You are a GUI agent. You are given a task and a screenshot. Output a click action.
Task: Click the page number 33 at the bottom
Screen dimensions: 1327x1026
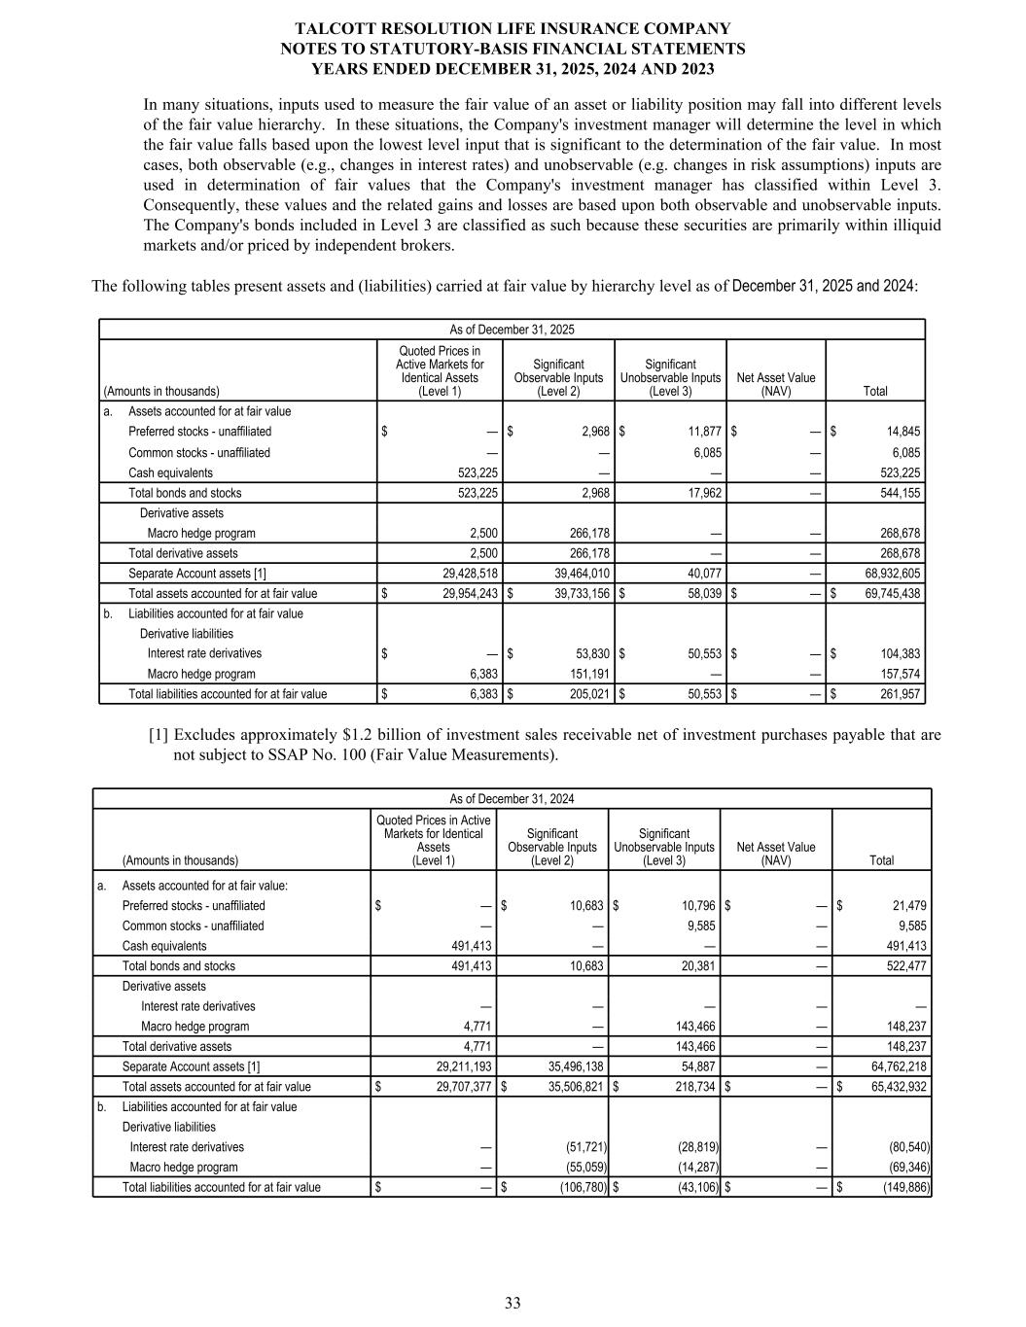click(513, 1304)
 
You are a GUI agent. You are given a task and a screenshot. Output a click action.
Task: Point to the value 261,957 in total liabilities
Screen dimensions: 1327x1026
click(900, 694)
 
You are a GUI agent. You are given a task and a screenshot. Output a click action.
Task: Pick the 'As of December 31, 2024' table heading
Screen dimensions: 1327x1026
click(512, 799)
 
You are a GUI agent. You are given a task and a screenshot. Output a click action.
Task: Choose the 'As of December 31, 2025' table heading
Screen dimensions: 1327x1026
click(512, 330)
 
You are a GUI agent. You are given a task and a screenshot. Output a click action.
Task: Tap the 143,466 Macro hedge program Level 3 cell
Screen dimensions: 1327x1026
click(693, 1027)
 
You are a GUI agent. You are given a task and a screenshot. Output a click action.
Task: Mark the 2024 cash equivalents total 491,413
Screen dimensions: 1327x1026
click(905, 946)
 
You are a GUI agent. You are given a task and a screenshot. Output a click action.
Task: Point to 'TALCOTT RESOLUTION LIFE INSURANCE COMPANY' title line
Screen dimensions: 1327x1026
click(513, 29)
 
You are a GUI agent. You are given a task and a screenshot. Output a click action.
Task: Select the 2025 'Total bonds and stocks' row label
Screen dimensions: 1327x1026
click(185, 493)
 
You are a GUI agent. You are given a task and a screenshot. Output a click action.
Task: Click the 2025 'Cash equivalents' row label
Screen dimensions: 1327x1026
click(170, 472)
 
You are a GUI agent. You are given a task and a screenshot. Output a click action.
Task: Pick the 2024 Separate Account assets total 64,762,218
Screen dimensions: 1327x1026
click(894, 1066)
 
